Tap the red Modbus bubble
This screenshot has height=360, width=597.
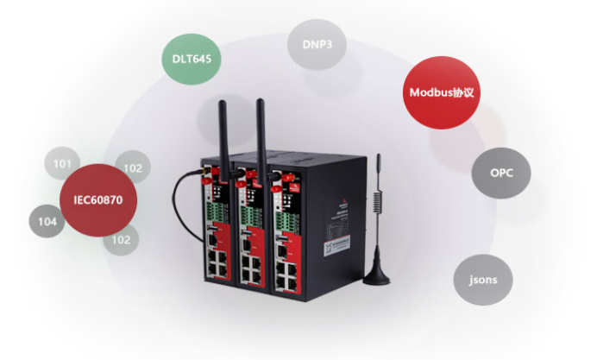442,92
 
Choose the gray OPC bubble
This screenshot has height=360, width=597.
501,173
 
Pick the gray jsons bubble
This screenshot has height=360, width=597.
482,280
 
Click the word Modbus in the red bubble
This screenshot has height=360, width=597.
430,92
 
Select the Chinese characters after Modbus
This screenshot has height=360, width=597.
463,92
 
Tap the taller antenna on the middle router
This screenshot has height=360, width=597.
258,129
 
